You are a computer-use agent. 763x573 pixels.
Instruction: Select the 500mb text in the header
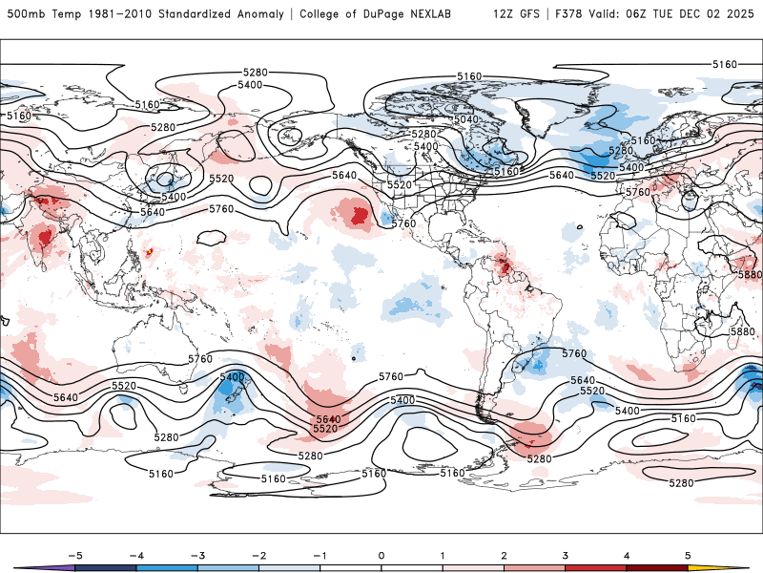click(21, 14)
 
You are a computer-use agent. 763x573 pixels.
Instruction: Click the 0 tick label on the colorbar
click(381, 554)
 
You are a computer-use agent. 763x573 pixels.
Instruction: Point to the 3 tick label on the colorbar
click(566, 554)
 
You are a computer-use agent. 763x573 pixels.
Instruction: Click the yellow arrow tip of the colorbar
click(743, 567)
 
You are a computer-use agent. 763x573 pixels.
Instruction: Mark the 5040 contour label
click(466, 119)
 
